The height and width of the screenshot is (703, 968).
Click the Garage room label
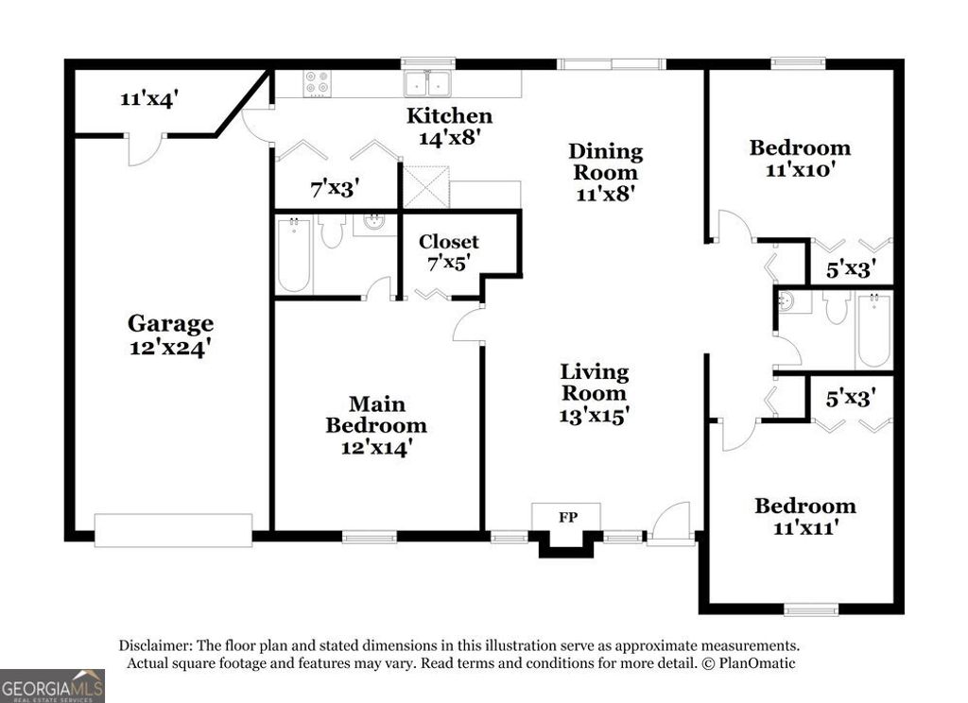click(x=170, y=324)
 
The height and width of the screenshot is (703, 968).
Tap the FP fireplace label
click(x=567, y=517)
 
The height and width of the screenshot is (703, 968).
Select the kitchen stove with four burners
click(x=317, y=83)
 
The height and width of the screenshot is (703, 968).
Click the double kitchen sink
click(x=427, y=84)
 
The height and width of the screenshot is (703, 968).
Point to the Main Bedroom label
click(x=376, y=415)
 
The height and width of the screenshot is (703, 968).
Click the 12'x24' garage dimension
click(x=170, y=347)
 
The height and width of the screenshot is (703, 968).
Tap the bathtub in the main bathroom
click(x=294, y=255)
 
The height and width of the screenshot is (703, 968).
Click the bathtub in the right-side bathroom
click(x=873, y=331)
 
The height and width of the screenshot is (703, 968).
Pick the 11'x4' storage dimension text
click(x=147, y=98)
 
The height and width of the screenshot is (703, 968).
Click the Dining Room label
click(x=605, y=162)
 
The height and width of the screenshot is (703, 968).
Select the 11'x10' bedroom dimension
click(x=800, y=170)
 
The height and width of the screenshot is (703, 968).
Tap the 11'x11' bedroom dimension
click(x=804, y=528)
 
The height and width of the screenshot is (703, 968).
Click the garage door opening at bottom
click(x=173, y=529)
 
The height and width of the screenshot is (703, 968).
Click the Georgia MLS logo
click(x=52, y=685)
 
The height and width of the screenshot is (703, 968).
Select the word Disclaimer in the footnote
click(x=156, y=645)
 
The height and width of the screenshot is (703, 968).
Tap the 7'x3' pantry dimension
click(x=335, y=187)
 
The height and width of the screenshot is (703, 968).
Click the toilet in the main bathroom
click(x=331, y=231)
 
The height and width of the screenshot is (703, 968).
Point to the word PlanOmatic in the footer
click(x=757, y=663)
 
